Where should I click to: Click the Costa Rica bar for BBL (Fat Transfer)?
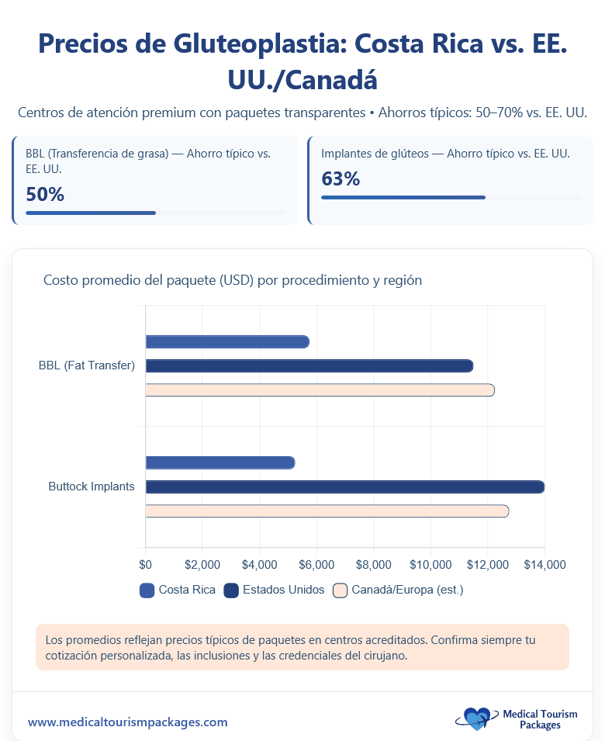[227, 341]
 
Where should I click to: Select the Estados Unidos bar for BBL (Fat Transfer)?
[309, 365]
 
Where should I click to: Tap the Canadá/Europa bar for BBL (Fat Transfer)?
[320, 390]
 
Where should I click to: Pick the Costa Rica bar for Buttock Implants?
[220, 462]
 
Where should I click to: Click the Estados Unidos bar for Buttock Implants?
[344, 486]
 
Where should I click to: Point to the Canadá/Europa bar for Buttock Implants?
[327, 511]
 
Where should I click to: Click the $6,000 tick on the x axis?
[316, 564]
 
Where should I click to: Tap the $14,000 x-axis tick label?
[544, 564]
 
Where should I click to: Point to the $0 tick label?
[146, 564]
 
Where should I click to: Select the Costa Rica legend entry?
[178, 590]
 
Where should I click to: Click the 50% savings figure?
[45, 194]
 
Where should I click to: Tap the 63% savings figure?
[341, 179]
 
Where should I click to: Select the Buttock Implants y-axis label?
[92, 486]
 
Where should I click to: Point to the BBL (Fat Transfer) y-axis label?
[87, 365]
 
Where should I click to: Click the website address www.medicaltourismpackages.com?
[128, 722]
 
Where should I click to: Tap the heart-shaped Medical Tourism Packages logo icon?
[476, 719]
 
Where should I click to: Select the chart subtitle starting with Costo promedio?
[233, 280]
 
